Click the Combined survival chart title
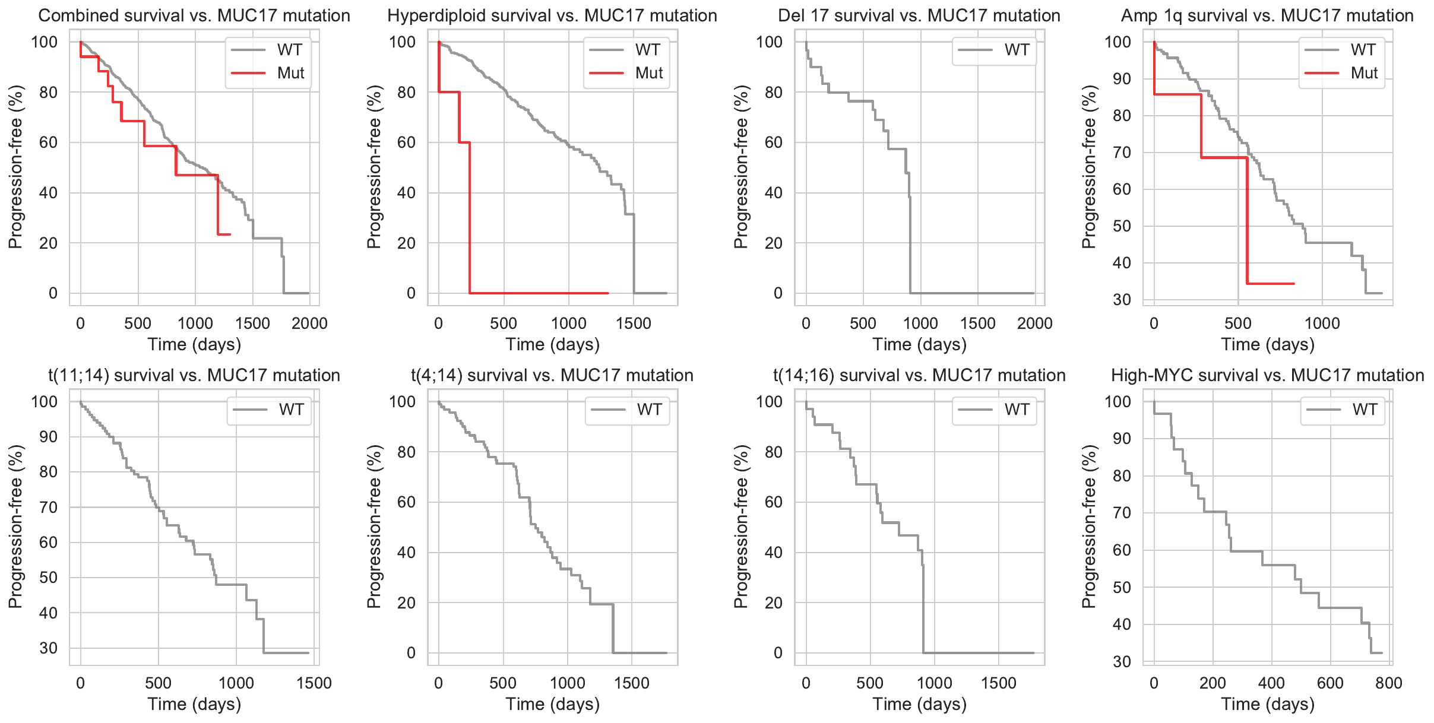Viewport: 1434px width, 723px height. (x=194, y=15)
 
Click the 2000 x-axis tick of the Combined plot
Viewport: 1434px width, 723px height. (x=309, y=324)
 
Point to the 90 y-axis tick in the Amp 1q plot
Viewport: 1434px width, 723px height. (x=1122, y=79)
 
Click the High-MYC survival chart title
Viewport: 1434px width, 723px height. (x=1267, y=375)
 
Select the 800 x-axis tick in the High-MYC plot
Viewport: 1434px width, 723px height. (x=1388, y=683)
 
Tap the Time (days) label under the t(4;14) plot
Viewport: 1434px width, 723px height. (x=552, y=704)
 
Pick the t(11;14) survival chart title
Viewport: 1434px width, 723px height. (x=194, y=375)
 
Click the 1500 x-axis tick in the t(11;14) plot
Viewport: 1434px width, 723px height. (x=314, y=683)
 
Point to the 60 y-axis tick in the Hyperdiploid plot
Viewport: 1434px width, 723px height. (x=406, y=142)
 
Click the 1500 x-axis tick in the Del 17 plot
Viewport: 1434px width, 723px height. (x=977, y=324)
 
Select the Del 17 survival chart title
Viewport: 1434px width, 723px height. (x=919, y=15)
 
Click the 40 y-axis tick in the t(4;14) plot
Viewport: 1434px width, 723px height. (x=406, y=553)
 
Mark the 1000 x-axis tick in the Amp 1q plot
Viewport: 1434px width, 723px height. (x=1322, y=324)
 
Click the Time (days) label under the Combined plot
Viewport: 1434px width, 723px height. (x=194, y=344)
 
